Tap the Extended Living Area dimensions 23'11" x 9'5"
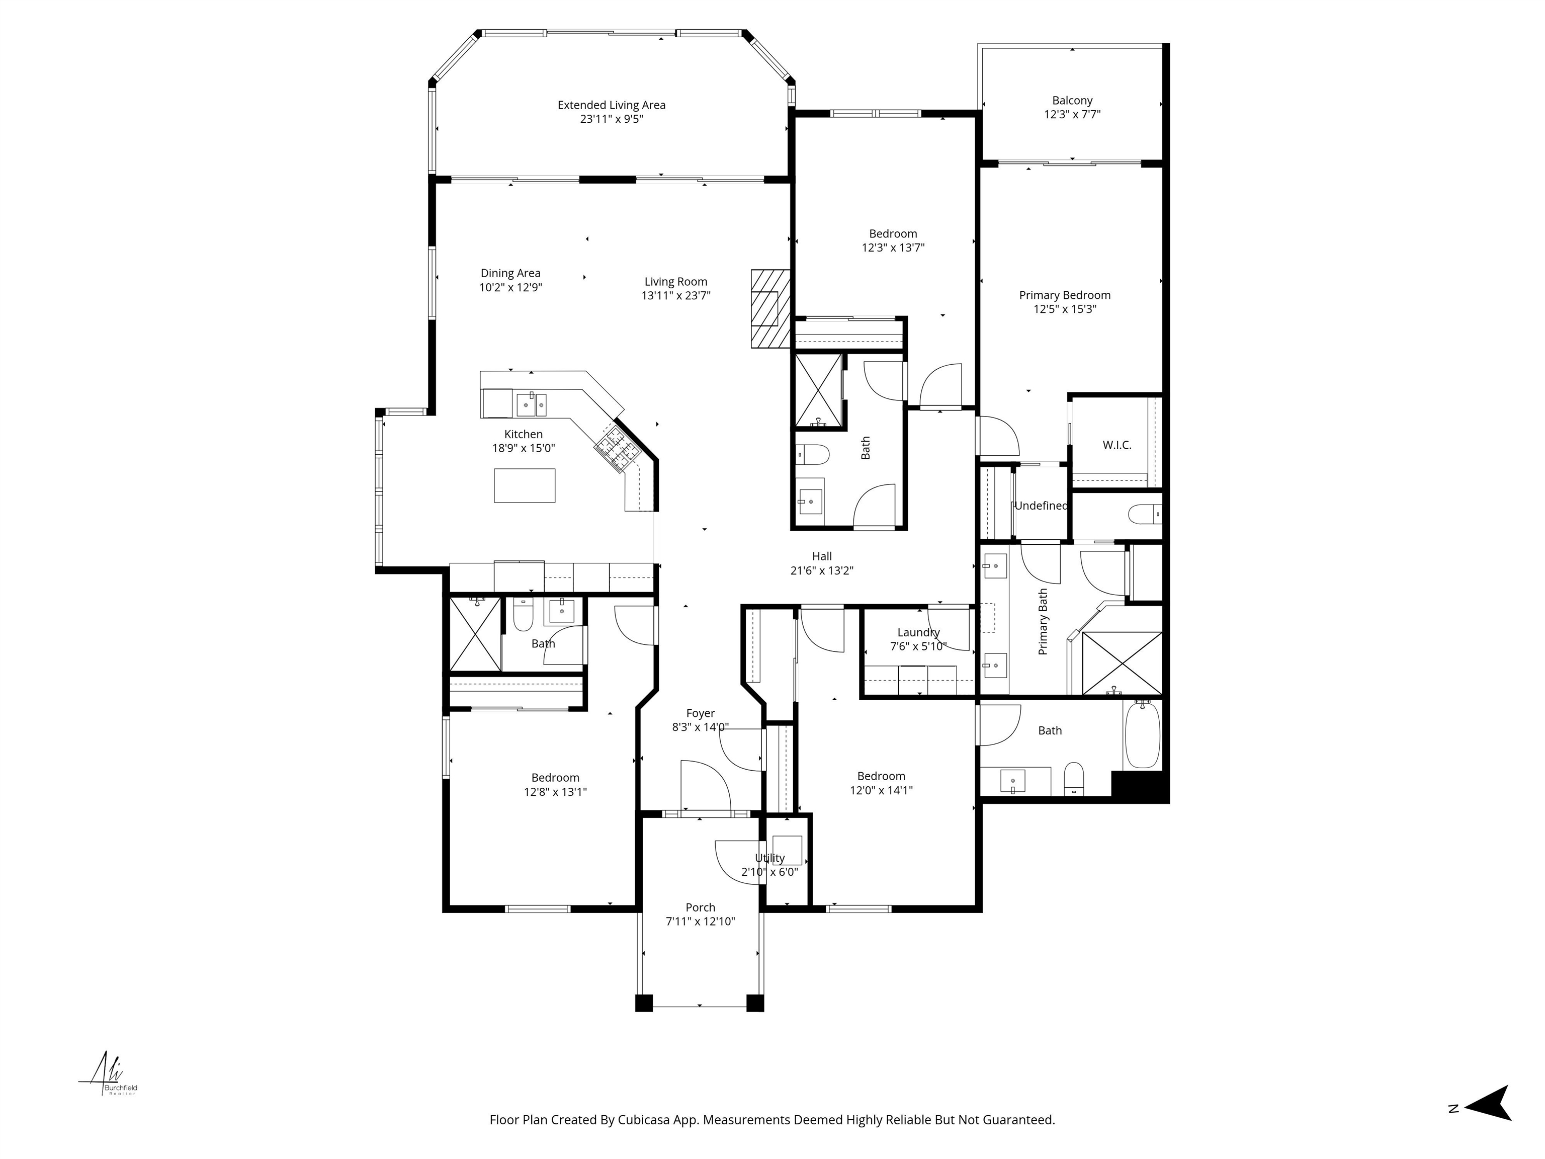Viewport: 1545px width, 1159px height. (611, 119)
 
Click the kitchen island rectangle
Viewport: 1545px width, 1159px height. (525, 485)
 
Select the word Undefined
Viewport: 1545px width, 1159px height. (1040, 506)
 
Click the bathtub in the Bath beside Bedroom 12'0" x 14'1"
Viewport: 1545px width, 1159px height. (1142, 735)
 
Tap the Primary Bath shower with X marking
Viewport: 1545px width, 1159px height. (1122, 663)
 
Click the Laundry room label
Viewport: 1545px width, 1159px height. (918, 632)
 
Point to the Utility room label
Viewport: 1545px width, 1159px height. (769, 858)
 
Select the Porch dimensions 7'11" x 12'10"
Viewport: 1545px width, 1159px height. (700, 922)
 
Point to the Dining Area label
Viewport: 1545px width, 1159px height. (510, 273)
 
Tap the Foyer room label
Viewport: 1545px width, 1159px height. (700, 713)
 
